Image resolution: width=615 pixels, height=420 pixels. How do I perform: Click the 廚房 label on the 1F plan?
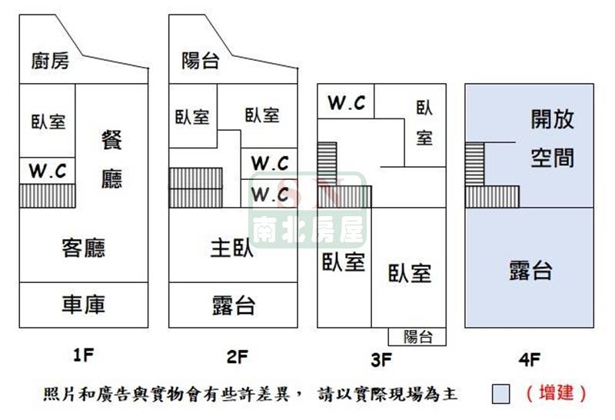pyautogui.click(x=50, y=62)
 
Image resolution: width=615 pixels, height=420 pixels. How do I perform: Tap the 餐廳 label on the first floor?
pyautogui.click(x=111, y=159)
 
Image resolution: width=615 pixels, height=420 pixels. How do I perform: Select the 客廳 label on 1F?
pyautogui.click(x=84, y=248)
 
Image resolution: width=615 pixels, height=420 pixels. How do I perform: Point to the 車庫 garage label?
pyautogui.click(x=84, y=304)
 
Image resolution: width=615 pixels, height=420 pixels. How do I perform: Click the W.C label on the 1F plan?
pyautogui.click(x=48, y=171)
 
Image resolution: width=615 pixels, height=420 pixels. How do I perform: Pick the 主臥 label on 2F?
pyautogui.click(x=232, y=248)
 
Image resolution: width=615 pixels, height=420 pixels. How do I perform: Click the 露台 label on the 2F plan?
pyautogui.click(x=234, y=306)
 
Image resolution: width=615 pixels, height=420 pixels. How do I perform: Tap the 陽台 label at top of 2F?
pyautogui.click(x=200, y=62)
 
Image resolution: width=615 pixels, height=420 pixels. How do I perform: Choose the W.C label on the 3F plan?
pyautogui.click(x=347, y=103)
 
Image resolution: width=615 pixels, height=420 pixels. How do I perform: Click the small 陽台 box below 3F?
pyautogui.click(x=417, y=337)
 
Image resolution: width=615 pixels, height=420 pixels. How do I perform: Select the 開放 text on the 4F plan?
pyautogui.click(x=553, y=119)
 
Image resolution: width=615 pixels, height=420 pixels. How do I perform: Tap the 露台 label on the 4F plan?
pyautogui.click(x=530, y=271)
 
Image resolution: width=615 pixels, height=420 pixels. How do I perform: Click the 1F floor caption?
pyautogui.click(x=84, y=355)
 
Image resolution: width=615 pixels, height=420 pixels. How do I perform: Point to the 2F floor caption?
pyautogui.click(x=238, y=357)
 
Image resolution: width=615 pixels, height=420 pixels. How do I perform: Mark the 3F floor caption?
pyautogui.click(x=381, y=359)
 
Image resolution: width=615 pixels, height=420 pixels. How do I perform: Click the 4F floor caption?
pyautogui.click(x=530, y=359)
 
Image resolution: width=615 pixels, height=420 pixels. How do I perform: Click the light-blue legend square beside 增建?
pyautogui.click(x=501, y=394)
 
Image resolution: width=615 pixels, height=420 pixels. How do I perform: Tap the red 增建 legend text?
pyautogui.click(x=556, y=393)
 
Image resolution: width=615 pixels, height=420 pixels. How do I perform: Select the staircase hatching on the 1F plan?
pyautogui.click(x=48, y=195)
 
